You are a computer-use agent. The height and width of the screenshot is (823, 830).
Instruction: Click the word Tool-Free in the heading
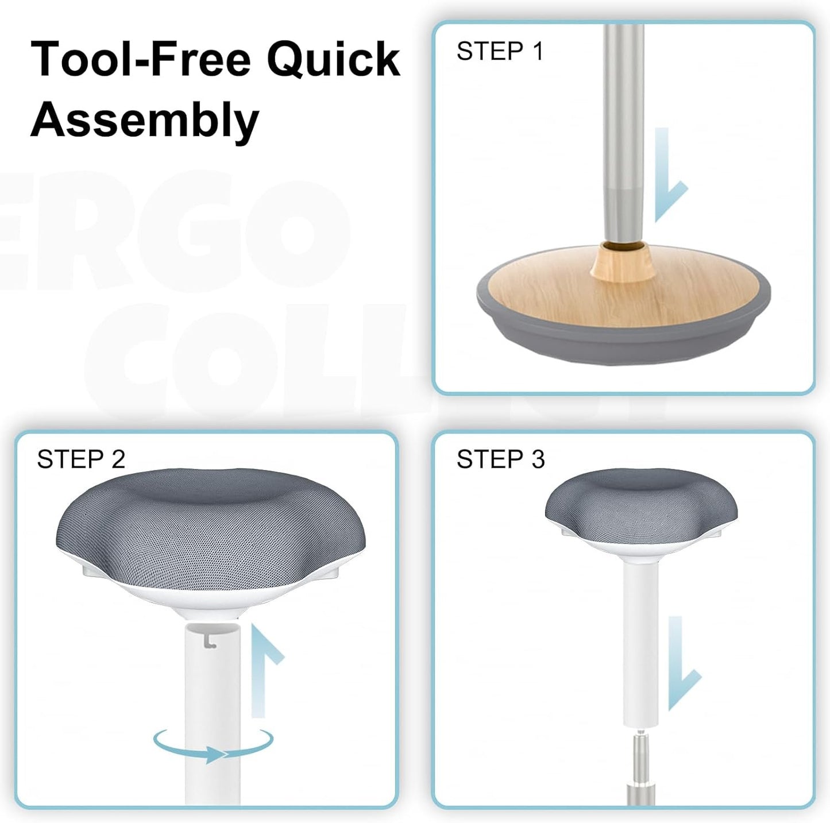coord(141,59)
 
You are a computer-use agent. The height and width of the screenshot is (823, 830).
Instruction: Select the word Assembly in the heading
coord(145,119)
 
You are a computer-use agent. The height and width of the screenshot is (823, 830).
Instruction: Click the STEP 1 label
coord(500,52)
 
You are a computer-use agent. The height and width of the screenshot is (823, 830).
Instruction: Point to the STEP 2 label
coord(81,459)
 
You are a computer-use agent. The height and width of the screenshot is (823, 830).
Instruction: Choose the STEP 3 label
coord(500,459)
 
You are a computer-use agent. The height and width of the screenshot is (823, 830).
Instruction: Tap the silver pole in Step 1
coord(623,115)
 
